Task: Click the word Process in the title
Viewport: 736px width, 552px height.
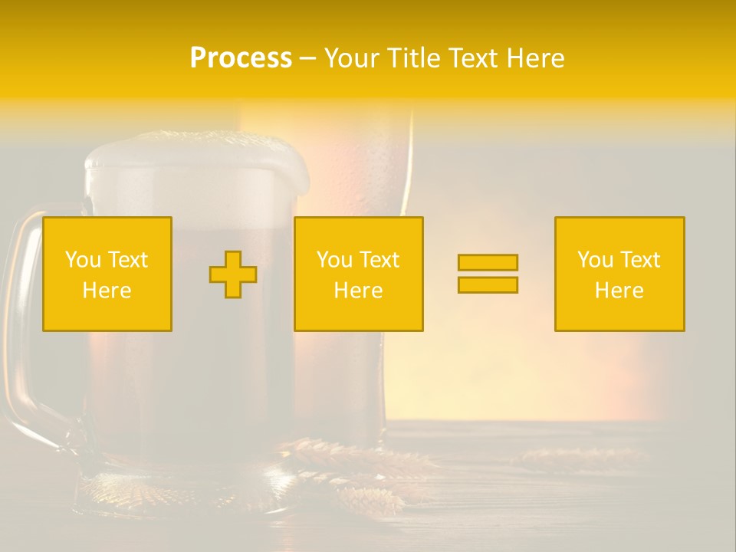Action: tap(241, 58)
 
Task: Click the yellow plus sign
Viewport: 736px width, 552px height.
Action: tap(233, 274)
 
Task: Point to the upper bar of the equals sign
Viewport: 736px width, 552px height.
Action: tap(488, 262)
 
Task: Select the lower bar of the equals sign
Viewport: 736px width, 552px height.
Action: tap(488, 284)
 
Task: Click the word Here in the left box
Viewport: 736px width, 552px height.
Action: tap(107, 291)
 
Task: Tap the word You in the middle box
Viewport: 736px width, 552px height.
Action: tap(334, 260)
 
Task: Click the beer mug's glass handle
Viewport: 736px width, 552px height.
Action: tap(23, 322)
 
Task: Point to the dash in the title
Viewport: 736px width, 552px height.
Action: tap(307, 58)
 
